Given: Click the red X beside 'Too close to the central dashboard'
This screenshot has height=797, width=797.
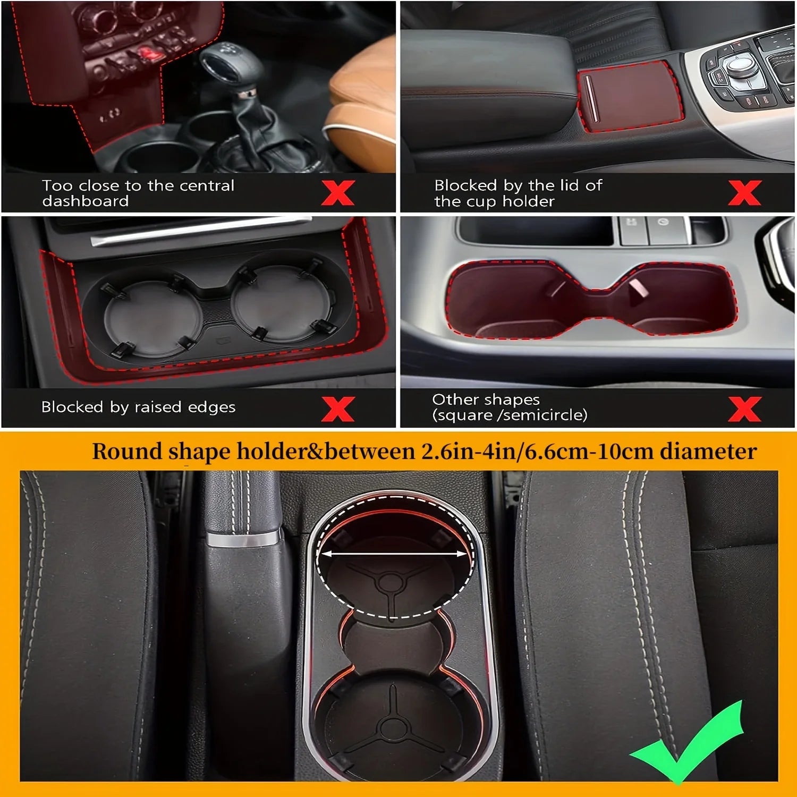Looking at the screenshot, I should coord(338,192).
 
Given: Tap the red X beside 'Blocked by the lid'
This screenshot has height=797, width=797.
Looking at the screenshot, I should coord(744,192).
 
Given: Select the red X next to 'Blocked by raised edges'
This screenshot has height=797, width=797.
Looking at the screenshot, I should coord(338,409).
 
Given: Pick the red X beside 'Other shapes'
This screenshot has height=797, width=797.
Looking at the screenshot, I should coord(744,409).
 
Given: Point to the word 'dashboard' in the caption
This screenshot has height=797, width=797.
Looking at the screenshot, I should coord(86,201).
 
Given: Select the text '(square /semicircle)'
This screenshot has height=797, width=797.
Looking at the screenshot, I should coord(510,415).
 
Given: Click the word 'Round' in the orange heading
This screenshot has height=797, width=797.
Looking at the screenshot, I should coord(127,452).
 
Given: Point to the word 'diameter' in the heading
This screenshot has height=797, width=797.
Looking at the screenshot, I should coord(708,452).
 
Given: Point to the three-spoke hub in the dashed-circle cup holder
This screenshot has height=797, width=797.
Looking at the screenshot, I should coord(391,582).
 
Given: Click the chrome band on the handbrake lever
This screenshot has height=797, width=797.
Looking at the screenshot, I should coord(243,538).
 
